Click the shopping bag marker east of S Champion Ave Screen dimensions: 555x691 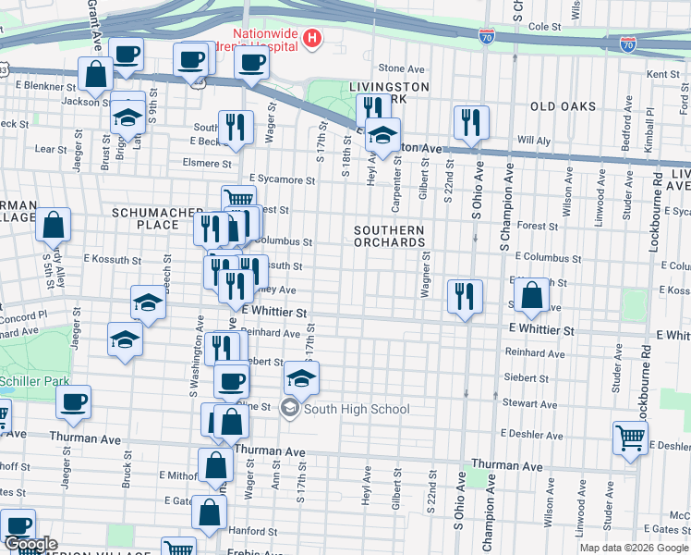point(532,296)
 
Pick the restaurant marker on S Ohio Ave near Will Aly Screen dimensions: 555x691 point(471,121)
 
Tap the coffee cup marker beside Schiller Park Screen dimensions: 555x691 point(73,401)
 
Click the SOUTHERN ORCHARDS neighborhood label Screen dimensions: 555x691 point(389,236)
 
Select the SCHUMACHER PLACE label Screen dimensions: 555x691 point(145,218)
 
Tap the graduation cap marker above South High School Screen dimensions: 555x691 point(300,377)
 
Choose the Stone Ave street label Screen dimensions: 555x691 point(401,68)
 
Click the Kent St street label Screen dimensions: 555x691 point(662,74)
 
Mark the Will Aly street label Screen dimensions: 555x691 point(533,141)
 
